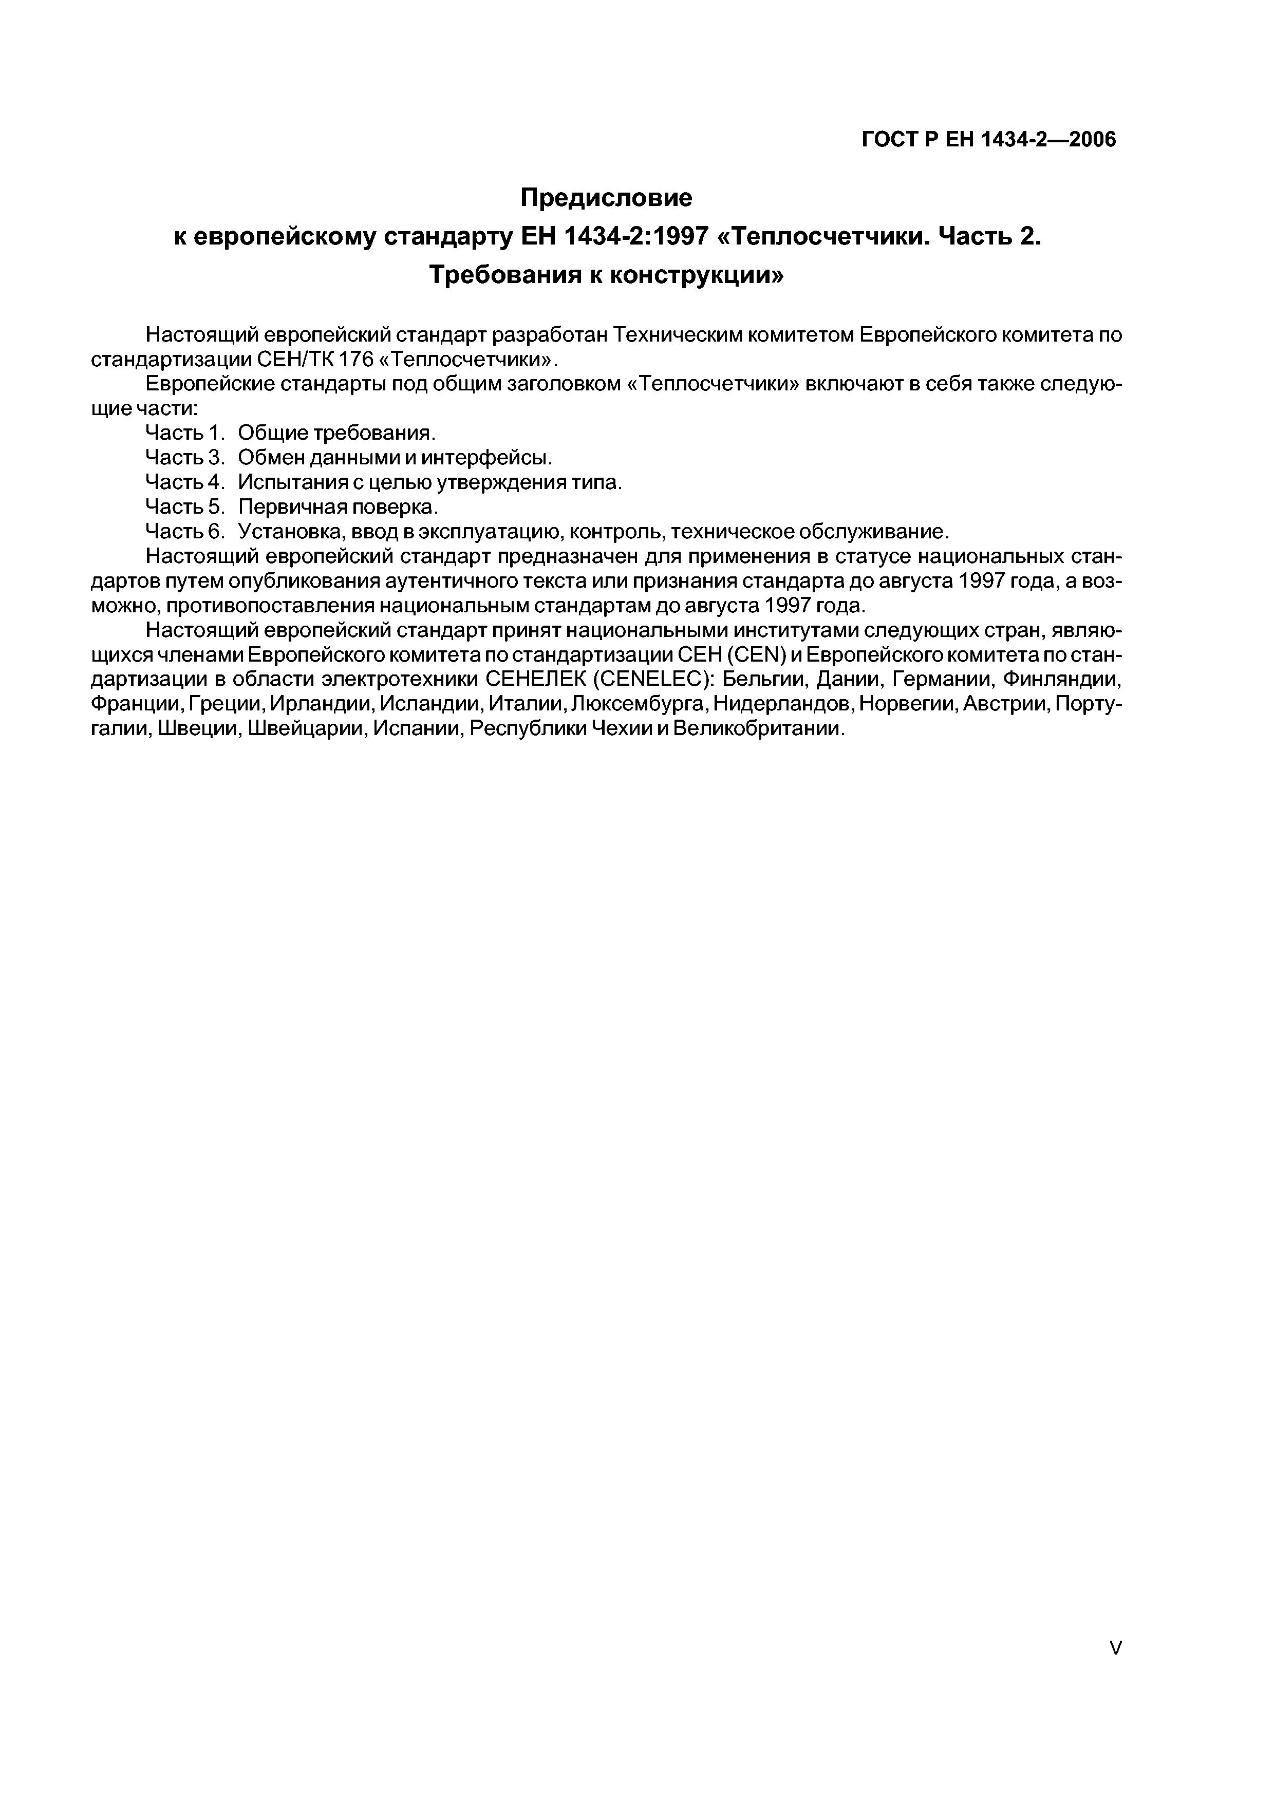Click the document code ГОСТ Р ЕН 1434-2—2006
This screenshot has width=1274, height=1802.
(988, 140)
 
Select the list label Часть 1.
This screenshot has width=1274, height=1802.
(185, 433)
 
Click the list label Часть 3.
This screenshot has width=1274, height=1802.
(185, 457)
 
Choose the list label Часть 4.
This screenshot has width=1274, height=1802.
(185, 482)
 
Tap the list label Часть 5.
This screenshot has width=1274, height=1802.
(185, 506)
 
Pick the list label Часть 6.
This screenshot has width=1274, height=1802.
(185, 531)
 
